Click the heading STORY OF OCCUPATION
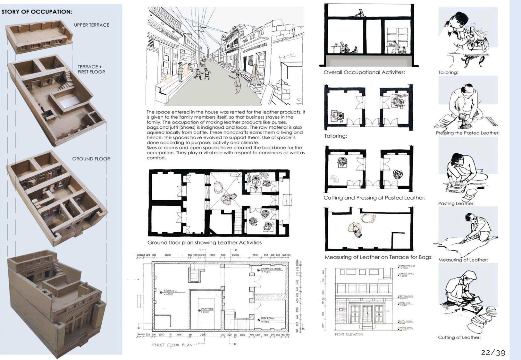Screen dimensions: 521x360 [x=37, y=12]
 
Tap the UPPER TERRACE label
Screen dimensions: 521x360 [x=91, y=25]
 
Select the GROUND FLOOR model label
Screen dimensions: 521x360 [x=91, y=159]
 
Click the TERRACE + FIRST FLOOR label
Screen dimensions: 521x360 [x=91, y=69]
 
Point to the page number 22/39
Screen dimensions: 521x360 [x=493, y=353]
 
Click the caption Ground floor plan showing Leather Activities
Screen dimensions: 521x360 [x=204, y=243]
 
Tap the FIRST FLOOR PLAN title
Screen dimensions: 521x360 [x=172, y=345]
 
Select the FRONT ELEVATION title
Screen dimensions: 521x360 [x=349, y=335]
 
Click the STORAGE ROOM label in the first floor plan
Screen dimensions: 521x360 [x=271, y=269]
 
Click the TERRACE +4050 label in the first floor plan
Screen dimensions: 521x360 [x=170, y=291]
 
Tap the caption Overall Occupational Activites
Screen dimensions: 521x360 [x=364, y=73]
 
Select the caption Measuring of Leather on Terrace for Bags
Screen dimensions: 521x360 [x=378, y=257]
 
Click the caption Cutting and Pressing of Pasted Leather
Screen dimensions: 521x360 [x=374, y=198]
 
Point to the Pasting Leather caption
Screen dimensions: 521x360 [x=456, y=203]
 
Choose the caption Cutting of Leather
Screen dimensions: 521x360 [x=459, y=338]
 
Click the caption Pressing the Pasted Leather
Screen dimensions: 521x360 [x=467, y=133]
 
